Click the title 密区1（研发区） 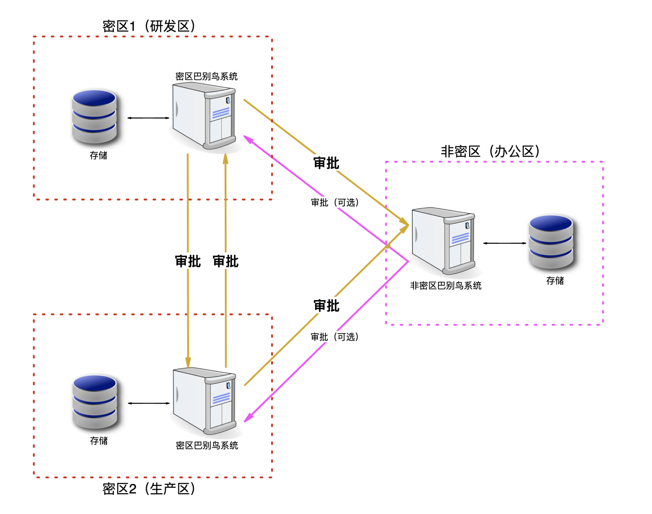click(x=149, y=26)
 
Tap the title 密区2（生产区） click(x=149, y=489)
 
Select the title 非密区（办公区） click(x=490, y=151)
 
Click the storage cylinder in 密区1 click(x=94, y=116)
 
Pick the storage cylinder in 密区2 click(x=95, y=402)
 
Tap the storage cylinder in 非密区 click(x=551, y=242)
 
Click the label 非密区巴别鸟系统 click(x=446, y=285)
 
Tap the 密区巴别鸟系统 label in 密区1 click(x=206, y=76)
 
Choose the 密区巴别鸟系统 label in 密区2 click(x=207, y=445)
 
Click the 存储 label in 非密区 click(x=555, y=280)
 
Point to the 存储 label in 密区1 click(x=98, y=156)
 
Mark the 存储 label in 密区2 click(x=99, y=441)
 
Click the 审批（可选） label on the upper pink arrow click(x=335, y=202)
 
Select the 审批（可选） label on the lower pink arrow click(x=335, y=337)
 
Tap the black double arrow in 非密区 click(x=505, y=243)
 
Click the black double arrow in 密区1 click(x=148, y=118)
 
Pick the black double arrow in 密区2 click(x=149, y=403)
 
